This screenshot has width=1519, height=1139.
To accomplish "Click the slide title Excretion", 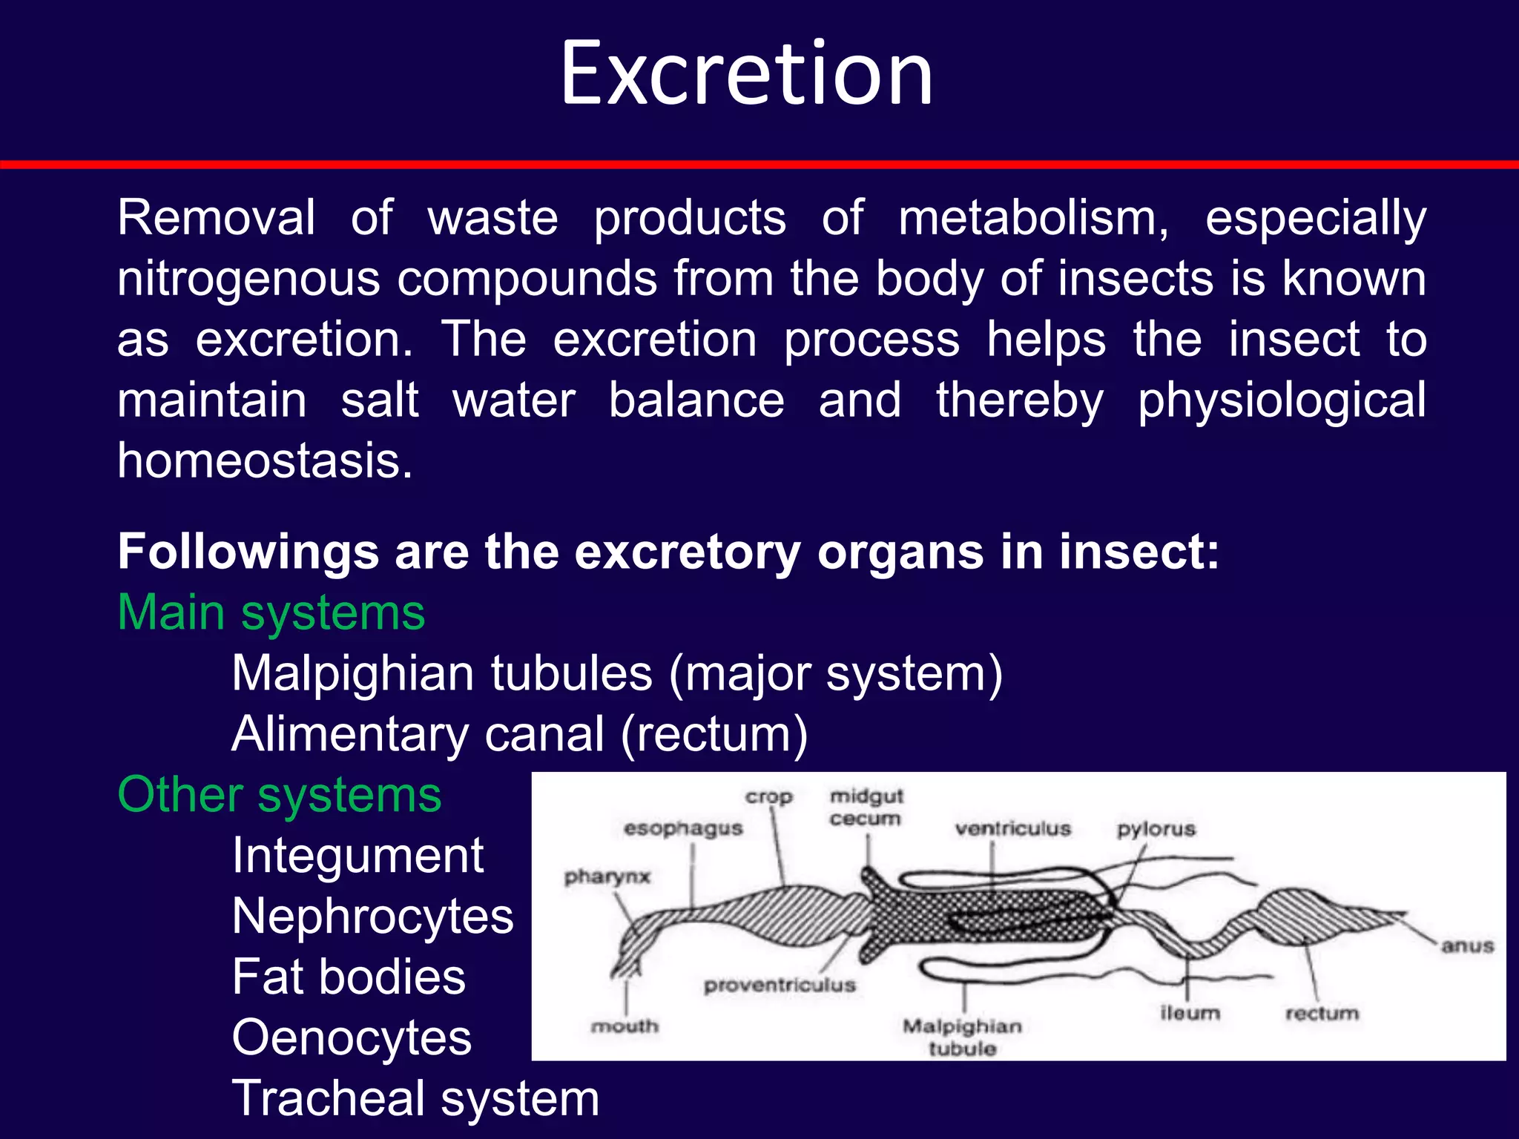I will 746,74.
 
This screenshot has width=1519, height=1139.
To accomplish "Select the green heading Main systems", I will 271,614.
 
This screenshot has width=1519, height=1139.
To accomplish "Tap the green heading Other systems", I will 280,796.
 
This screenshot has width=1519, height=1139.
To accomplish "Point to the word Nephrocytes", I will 372,917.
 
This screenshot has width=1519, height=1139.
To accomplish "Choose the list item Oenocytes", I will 352,1037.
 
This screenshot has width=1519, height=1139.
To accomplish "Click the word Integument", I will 357,856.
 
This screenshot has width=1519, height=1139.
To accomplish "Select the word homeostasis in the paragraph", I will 265,461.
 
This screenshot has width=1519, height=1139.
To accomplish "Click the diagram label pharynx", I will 607,877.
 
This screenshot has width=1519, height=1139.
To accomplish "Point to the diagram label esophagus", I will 683,829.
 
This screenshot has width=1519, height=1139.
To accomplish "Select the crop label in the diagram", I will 769,797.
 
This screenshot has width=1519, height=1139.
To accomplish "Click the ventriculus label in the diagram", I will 1013,829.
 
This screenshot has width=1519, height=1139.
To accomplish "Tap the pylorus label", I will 1156,829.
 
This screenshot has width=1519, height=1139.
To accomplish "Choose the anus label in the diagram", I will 1467,946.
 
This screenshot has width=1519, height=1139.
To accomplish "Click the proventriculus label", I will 780,986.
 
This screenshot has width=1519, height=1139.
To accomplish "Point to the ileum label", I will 1190,1013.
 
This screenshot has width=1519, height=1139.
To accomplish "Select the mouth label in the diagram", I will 625,1026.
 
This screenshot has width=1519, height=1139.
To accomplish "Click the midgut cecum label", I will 866,808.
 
